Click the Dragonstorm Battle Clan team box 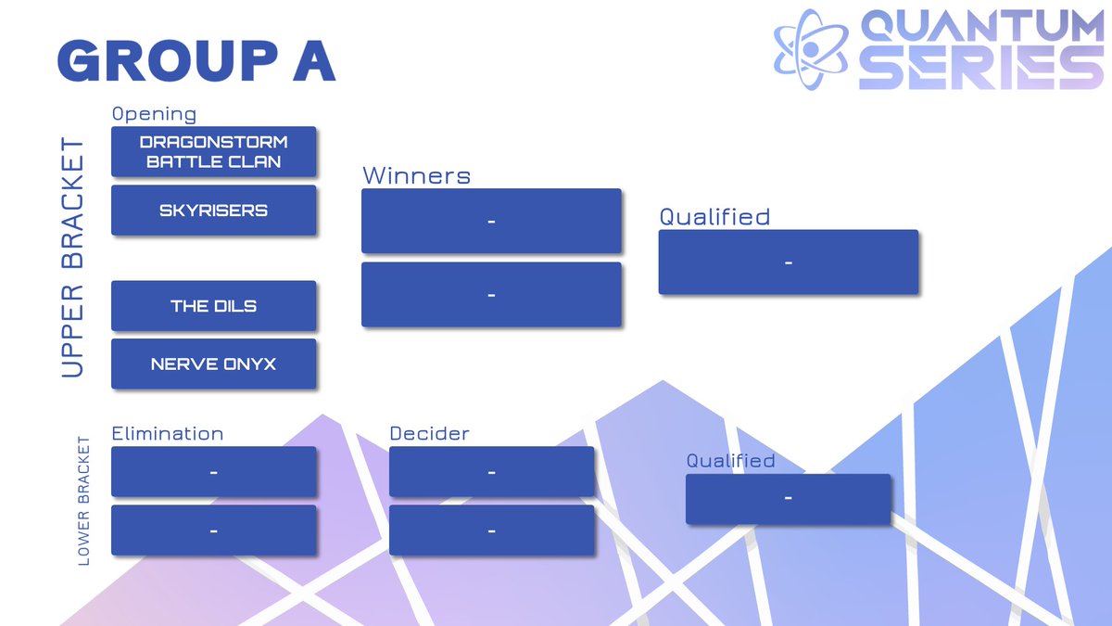[213, 152]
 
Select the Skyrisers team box [213, 211]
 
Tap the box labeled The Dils [213, 306]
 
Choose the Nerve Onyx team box [213, 364]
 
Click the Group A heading [196, 62]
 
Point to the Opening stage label [154, 114]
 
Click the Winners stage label [416, 175]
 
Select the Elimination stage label [167, 433]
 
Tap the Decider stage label [429, 433]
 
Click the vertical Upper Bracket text [72, 258]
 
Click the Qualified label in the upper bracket [714, 216]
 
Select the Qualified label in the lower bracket [730, 461]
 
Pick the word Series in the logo [980, 69]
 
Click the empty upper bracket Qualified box [788, 262]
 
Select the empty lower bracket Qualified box [788, 499]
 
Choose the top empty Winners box [491, 221]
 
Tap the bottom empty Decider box [491, 530]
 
